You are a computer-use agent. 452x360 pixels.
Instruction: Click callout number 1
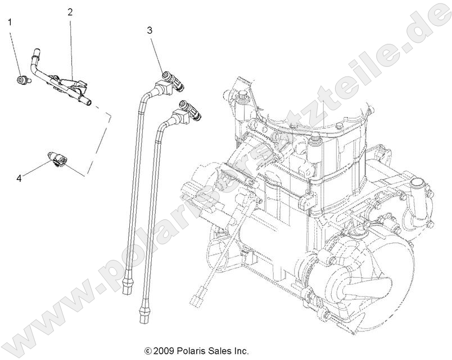(x=10, y=22)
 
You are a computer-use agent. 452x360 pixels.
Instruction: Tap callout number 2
(x=70, y=12)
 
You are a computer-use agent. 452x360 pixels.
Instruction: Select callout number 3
(x=150, y=31)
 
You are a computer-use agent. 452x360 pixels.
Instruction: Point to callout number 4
(x=19, y=178)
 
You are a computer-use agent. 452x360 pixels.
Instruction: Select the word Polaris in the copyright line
(x=191, y=351)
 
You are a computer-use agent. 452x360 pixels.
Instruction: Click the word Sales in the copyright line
(x=219, y=351)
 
